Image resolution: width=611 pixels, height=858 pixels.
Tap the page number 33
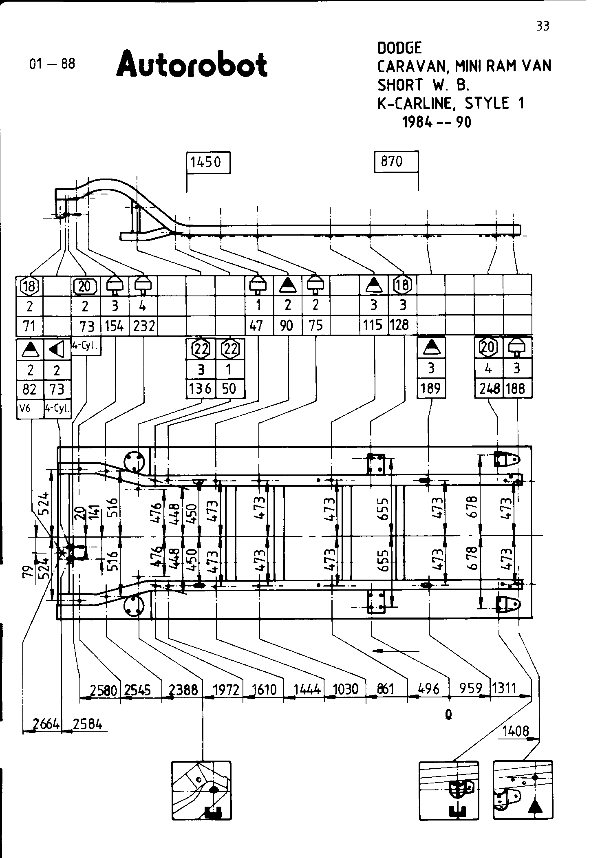coord(543,26)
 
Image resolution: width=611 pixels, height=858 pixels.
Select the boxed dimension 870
coord(392,161)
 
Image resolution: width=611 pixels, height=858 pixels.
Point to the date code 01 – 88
coord(52,64)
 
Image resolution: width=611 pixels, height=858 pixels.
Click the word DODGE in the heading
coord(399,48)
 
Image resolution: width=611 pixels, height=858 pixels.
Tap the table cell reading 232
coord(143,326)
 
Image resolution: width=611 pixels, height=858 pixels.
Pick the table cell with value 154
coord(115,326)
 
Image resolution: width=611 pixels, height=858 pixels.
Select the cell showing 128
coord(399,325)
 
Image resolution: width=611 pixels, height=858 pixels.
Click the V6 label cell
coord(25,408)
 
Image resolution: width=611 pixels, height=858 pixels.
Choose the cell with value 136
coord(200,388)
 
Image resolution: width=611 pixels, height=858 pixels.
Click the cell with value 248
coord(489,388)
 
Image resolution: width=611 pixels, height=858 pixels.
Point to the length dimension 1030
coord(345,689)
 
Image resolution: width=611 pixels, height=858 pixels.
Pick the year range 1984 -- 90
coord(437,121)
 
